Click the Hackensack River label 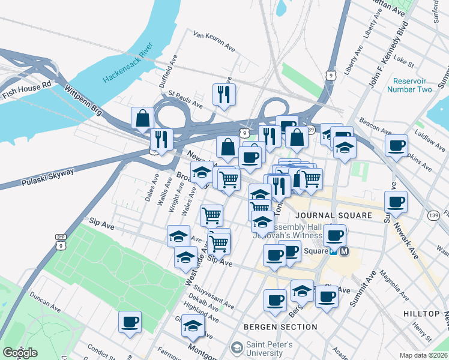tap(128, 62)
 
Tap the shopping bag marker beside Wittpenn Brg tap(143, 118)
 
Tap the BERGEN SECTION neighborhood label tap(280, 327)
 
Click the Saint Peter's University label tap(270, 349)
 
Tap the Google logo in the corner tap(20, 353)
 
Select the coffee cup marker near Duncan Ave tap(130, 322)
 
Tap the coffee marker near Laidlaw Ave tap(396, 145)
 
